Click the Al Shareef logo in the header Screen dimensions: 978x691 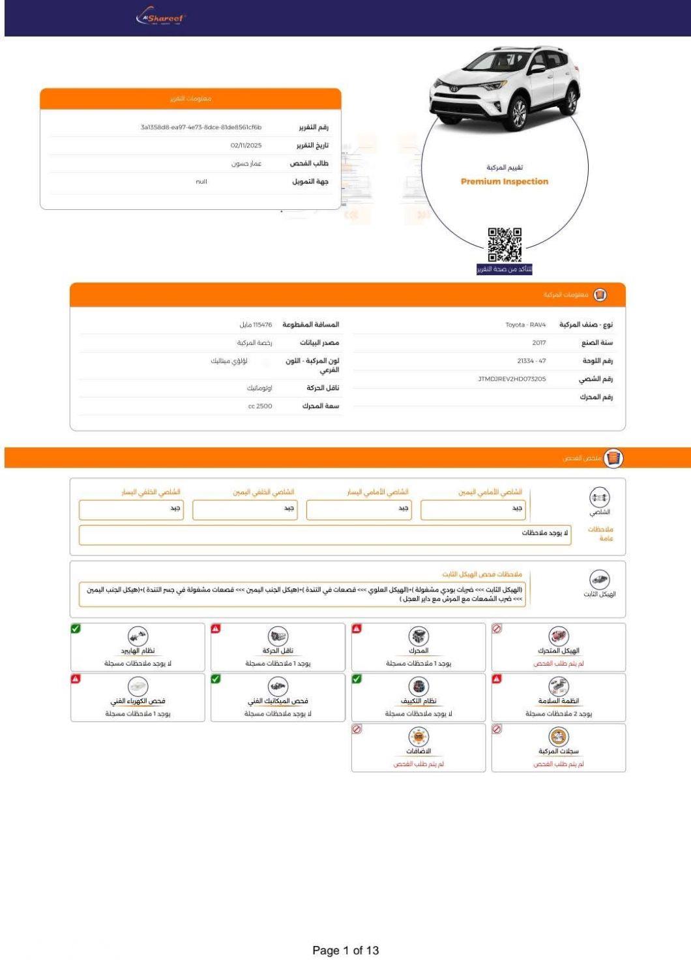pos(160,18)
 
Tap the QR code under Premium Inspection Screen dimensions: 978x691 pos(505,244)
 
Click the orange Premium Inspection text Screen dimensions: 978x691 pos(505,181)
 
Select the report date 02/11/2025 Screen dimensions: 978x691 pos(246,145)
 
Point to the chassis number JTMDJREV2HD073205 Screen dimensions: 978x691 pos(512,379)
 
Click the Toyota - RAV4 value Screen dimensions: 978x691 pos(525,325)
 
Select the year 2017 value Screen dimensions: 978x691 pos(538,343)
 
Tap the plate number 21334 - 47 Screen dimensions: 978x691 pos(531,361)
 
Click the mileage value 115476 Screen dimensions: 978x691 pos(256,325)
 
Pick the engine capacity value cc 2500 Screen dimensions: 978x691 pos(260,406)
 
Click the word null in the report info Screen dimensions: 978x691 pos(201,182)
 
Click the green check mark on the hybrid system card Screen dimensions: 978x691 pos(76,629)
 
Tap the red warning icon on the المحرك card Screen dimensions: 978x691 pos(357,629)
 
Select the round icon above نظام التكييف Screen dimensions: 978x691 pos(419,686)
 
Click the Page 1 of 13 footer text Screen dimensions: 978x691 pos(345,950)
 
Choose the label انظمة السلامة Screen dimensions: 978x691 pos(559,701)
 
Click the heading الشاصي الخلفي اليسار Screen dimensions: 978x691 pos(151,492)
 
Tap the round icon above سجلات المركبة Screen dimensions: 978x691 pos(559,737)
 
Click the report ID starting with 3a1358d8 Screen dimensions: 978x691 pos(201,127)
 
